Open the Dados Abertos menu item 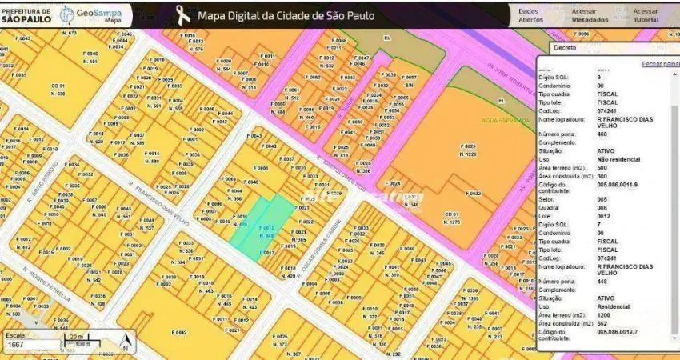pos(530,15)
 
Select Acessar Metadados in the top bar pos(590,15)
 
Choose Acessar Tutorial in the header pos(646,15)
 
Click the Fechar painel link pos(660,63)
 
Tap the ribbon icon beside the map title pos(183,14)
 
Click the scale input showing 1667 pos(32,345)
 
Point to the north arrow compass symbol pos(125,343)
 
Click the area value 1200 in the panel pos(605,315)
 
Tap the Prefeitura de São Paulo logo pos(27,14)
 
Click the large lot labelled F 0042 pos(178,330)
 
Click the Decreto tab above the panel pos(565,47)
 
